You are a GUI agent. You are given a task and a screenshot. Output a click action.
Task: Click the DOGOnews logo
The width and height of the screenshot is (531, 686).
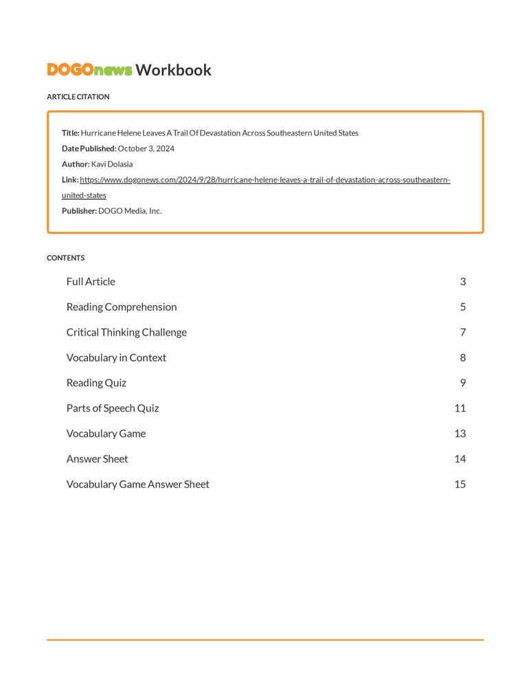click(x=89, y=70)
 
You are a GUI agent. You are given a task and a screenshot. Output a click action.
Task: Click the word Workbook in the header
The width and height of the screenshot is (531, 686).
click(x=173, y=70)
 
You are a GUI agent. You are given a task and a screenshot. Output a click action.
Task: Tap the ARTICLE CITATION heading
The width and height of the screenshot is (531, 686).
click(x=78, y=97)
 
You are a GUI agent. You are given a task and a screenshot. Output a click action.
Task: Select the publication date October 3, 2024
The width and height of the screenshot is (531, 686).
click(x=146, y=148)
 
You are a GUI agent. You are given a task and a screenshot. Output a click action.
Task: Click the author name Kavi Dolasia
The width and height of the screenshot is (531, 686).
click(x=112, y=164)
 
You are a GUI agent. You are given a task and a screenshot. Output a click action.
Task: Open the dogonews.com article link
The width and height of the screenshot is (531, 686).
click(x=264, y=180)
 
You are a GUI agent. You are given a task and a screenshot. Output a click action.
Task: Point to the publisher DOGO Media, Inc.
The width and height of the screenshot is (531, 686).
click(x=130, y=211)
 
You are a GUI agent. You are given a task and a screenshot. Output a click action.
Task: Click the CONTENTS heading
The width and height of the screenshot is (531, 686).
click(x=65, y=258)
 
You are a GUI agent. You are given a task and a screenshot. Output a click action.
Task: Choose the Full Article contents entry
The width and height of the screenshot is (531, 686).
click(x=91, y=281)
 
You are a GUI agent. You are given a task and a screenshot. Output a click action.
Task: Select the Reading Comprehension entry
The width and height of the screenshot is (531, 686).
click(x=122, y=307)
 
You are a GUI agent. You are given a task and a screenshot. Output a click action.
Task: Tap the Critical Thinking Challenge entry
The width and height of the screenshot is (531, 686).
click(x=126, y=332)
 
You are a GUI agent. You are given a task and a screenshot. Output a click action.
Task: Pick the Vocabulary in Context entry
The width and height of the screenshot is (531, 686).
click(x=116, y=357)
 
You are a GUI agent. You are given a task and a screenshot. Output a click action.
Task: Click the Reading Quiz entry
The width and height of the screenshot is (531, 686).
click(x=96, y=383)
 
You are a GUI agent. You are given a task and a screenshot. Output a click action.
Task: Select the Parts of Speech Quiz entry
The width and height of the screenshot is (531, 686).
click(x=113, y=408)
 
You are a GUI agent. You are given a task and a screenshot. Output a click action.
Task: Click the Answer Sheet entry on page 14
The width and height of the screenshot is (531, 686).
click(x=97, y=459)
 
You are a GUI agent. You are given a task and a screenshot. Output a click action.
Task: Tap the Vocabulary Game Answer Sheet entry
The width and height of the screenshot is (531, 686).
click(x=137, y=484)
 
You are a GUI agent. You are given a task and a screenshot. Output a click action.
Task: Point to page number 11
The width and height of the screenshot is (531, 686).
click(x=460, y=408)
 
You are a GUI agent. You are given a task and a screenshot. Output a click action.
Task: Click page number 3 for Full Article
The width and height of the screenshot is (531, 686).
click(x=463, y=281)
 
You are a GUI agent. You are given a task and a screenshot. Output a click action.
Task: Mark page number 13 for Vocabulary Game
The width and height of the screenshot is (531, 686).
click(x=460, y=434)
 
